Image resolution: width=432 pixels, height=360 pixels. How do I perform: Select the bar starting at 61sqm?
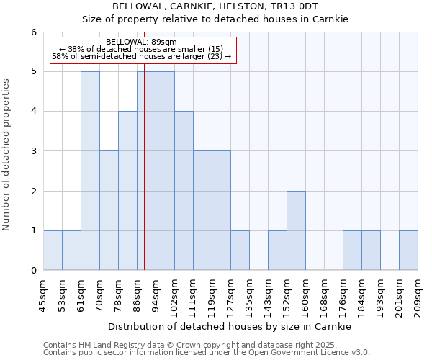(x=90, y=171)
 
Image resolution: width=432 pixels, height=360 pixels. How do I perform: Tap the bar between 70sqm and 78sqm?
(x=109, y=210)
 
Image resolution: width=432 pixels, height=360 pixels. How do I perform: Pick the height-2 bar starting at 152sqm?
(x=296, y=230)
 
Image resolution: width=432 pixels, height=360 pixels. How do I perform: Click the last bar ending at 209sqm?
(x=408, y=251)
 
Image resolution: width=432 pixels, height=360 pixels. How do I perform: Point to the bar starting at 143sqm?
(x=277, y=251)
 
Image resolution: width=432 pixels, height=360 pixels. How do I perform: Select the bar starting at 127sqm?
(x=240, y=251)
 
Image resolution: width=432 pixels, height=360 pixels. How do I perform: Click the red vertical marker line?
(x=145, y=180)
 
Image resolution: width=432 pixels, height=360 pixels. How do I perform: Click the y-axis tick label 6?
(x=33, y=32)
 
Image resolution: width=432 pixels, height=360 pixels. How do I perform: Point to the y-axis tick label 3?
(x=33, y=151)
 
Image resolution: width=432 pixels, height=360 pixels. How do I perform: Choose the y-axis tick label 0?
(x=33, y=271)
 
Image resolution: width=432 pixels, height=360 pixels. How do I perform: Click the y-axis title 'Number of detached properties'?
(x=7, y=155)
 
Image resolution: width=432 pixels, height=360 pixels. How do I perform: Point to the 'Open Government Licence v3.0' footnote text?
(x=302, y=352)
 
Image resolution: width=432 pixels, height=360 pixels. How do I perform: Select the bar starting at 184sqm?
(x=352, y=251)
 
